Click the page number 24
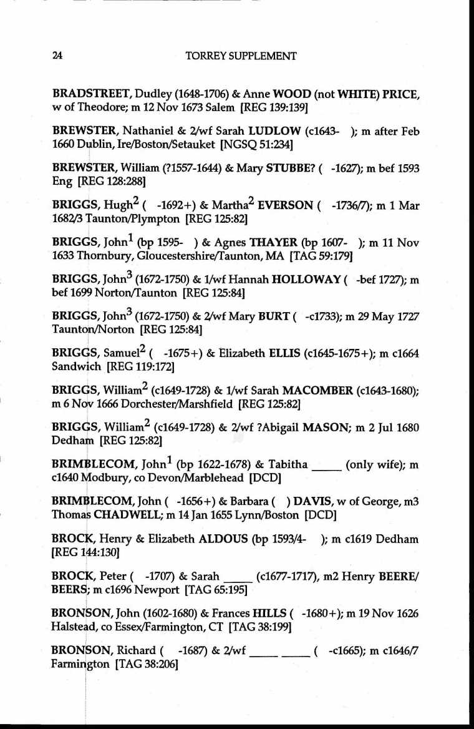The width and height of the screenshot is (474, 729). point(57,56)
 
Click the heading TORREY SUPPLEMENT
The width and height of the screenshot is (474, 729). point(241,56)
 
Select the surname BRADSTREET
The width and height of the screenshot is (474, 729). point(84,95)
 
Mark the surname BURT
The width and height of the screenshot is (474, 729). point(269,316)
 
